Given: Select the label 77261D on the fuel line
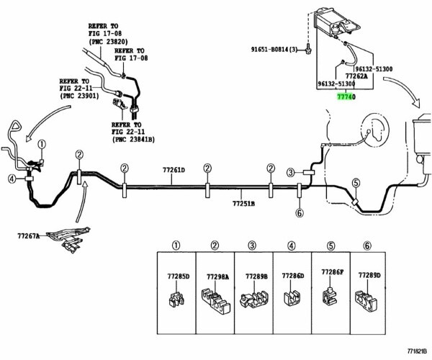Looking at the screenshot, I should tap(173, 171).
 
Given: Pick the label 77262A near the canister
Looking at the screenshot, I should tap(356, 75).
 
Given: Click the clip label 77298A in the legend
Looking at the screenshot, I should tap(217, 276).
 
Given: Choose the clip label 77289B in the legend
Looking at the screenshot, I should tap(256, 276).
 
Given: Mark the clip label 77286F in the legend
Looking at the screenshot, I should tap(332, 273).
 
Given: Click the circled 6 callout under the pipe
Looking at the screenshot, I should tap(300, 212).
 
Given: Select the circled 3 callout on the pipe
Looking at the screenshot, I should tap(291, 172).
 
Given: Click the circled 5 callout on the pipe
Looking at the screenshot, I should tap(356, 184).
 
